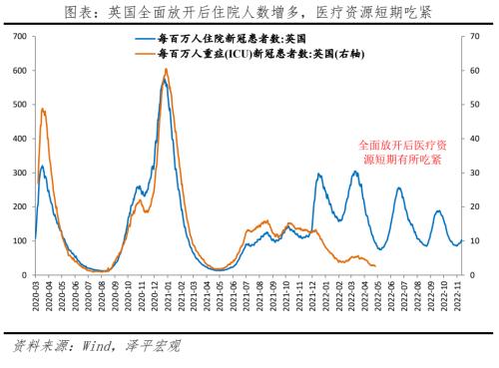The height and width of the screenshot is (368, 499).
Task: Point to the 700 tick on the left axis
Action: (x=19, y=37)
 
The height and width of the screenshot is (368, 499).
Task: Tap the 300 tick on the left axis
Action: (x=19, y=173)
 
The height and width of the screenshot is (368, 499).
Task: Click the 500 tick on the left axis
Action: (x=19, y=105)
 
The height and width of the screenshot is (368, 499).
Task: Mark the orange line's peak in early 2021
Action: (x=166, y=69)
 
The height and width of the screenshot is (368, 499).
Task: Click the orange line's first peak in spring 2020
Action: (x=43, y=109)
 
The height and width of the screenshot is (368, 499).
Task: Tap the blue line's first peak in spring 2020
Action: (x=42, y=167)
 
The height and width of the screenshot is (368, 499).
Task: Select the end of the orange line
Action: (x=375, y=265)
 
